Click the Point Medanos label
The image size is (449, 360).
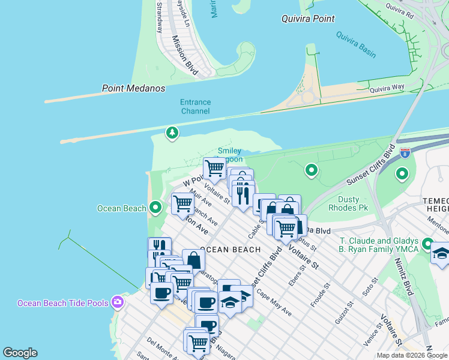click(133, 88)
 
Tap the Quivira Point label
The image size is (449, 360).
click(308, 19)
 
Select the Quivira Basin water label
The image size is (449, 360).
click(355, 47)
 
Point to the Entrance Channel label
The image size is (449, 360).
click(195, 107)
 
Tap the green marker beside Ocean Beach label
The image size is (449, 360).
click(155, 208)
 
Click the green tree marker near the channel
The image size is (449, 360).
click(172, 132)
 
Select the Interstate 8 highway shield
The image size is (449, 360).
click(405, 153)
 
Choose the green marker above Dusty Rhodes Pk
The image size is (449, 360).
click(311, 171)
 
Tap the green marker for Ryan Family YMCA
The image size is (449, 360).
click(427, 244)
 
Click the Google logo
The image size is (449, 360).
click(20, 353)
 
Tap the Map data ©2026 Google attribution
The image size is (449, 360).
click(411, 355)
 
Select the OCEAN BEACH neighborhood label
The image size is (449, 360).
click(230, 250)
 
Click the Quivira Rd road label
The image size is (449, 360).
click(400, 10)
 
